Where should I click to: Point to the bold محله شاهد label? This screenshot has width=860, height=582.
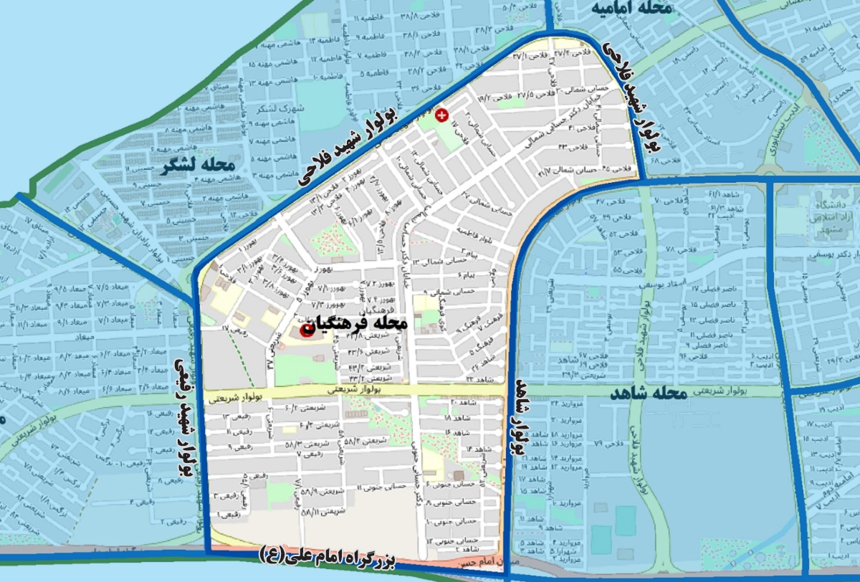pyautogui.click(x=649, y=393)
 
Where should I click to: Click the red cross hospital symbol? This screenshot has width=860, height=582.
pyautogui.click(x=442, y=114)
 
